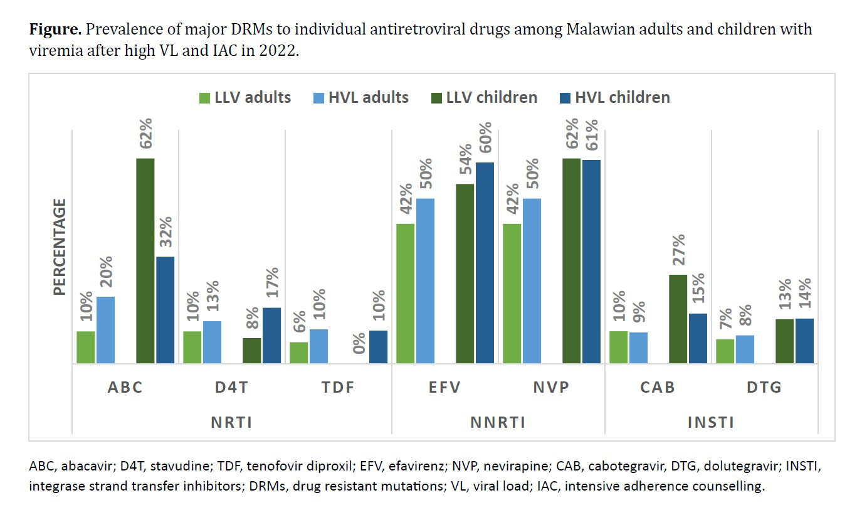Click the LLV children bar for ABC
pos(145,261)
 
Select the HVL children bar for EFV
pos(485,263)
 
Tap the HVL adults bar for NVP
pos(532,281)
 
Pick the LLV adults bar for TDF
pos(298,353)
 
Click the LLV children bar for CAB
pos(678,319)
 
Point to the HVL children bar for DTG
pos(805,341)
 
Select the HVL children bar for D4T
pos(271,336)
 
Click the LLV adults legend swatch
pos(205,98)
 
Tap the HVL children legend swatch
pos(565,98)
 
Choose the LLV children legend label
pos(491,97)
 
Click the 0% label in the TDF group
pos(359,343)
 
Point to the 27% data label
pos(679,250)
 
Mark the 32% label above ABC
pos(166,232)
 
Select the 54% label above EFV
pos(466,159)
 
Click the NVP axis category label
pos(551,387)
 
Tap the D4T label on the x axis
pos(231,387)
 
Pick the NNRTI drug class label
pos(498,423)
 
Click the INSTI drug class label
pos(711,423)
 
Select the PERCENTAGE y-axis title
pos(60,247)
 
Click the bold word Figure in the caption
pos(55,29)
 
